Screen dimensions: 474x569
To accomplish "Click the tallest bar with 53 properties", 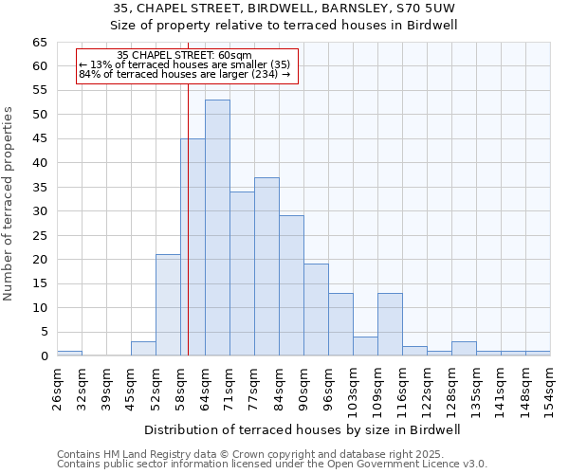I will [217, 228].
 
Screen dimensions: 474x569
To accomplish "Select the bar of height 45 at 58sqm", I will [193, 246].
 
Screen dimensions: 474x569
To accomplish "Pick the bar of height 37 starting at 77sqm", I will [266, 266].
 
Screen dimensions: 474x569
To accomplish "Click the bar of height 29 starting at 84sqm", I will [291, 285].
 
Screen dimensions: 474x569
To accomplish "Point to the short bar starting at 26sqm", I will [69, 354].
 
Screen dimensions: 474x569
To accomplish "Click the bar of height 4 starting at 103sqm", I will [365, 346].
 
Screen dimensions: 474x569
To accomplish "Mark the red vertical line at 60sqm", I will [189, 190].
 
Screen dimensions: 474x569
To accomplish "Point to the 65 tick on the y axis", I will [40, 43].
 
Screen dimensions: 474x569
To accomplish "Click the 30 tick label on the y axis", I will [40, 211].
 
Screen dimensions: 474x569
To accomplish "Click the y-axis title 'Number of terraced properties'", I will [9, 204].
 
